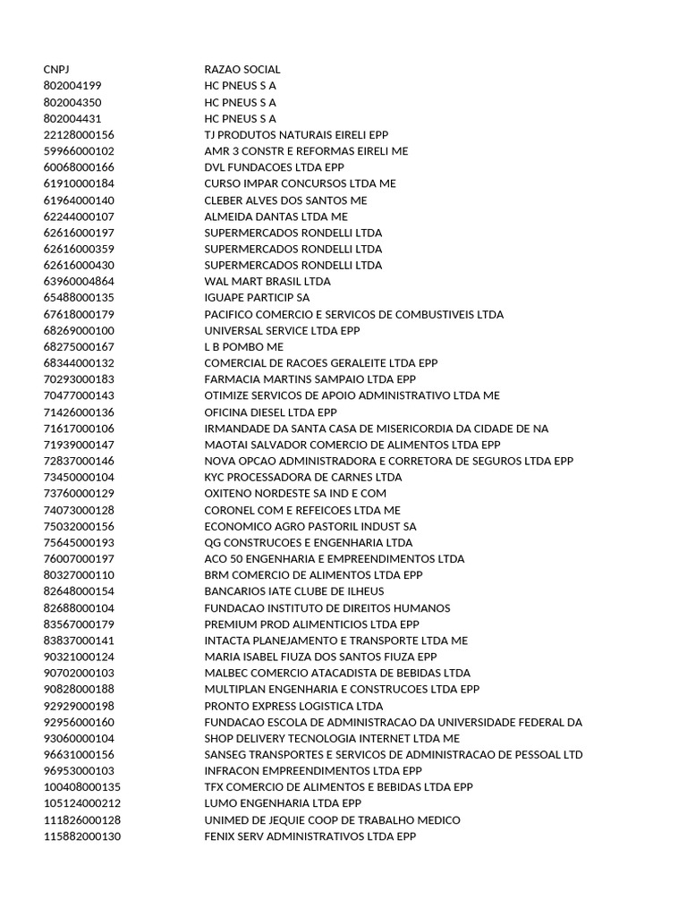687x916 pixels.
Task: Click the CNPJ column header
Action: tap(55, 69)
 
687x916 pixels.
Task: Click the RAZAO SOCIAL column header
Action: tap(242, 69)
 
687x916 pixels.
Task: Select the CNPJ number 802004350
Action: tap(72, 102)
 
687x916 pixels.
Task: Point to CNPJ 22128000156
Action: tap(79, 134)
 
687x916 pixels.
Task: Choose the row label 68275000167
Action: tap(79, 346)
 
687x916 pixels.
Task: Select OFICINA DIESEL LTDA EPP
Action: tap(270, 411)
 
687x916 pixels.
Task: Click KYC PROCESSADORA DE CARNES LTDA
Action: tap(303, 477)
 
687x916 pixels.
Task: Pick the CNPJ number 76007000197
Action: tap(79, 558)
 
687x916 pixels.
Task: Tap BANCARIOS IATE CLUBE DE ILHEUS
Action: tap(294, 591)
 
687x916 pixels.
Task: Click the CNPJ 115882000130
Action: tap(81, 835)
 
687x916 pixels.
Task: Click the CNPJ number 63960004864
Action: tap(79, 281)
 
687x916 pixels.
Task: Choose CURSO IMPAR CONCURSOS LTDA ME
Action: tap(300, 183)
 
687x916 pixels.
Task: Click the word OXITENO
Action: tap(230, 493)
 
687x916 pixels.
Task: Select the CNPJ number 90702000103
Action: tap(79, 673)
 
